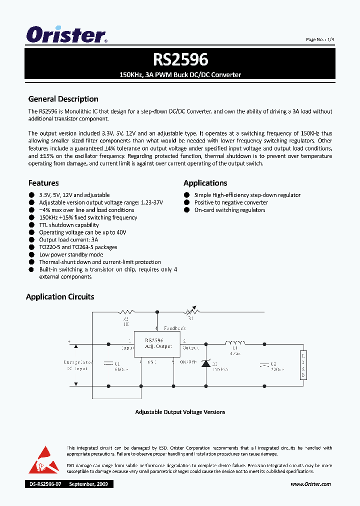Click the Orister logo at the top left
pos(66,35)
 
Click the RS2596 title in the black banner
pos(180,59)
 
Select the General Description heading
pos(63,99)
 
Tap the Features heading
pos(43,183)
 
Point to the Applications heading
pos(205,183)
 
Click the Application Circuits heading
pos(60,296)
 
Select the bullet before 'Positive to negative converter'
pos(187,202)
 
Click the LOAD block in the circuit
pos(302,365)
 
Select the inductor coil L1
pos(235,343)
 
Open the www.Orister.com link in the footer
pos(310,484)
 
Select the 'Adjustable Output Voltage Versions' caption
pos(180,412)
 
